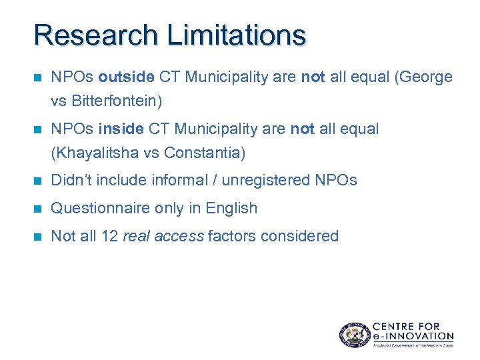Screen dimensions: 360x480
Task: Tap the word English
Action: click(231, 209)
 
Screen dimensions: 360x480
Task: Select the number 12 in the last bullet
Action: click(110, 236)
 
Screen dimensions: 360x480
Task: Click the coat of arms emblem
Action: click(353, 335)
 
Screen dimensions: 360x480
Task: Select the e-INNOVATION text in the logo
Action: click(413, 336)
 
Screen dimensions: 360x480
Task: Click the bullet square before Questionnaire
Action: click(37, 209)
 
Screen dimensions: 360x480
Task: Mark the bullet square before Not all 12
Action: click(37, 236)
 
